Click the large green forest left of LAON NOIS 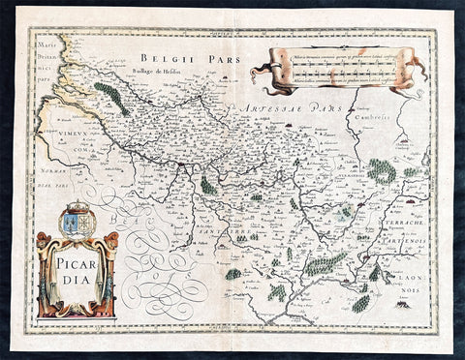tap(325, 262)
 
